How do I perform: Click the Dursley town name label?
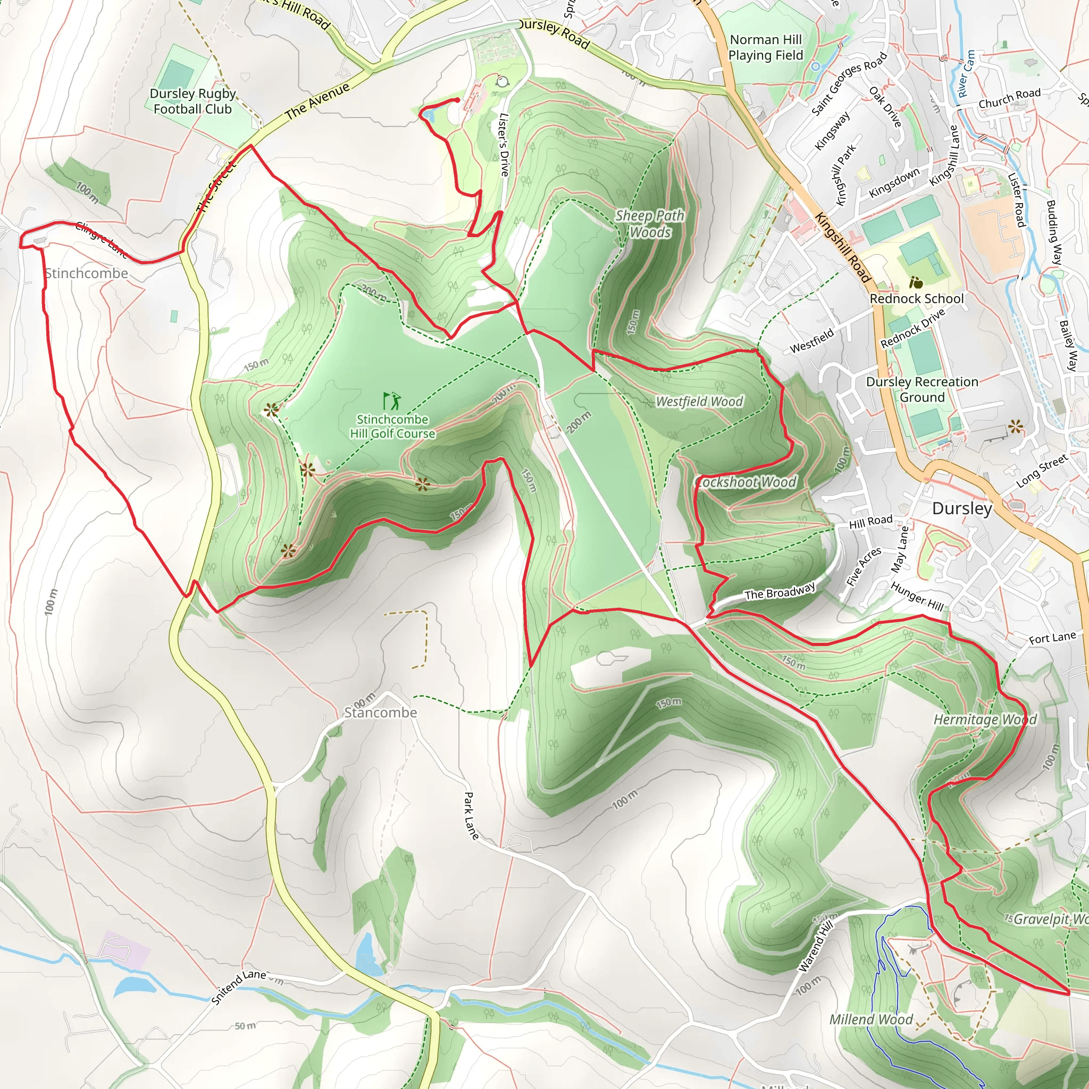pos(961,508)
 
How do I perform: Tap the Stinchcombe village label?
pos(86,273)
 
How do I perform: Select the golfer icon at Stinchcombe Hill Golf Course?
pos(392,401)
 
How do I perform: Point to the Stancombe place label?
pos(381,713)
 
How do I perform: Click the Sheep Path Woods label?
pos(650,224)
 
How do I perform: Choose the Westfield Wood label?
pos(699,401)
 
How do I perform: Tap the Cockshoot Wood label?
pos(745,482)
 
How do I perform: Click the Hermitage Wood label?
pos(985,720)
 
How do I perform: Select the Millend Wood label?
pos(870,1019)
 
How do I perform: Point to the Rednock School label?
pos(917,299)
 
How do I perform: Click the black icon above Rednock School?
pos(916,282)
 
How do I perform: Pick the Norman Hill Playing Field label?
pos(766,47)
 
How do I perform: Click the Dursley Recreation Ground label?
pos(922,389)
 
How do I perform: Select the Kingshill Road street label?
pos(843,247)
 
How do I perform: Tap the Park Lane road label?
pos(471,816)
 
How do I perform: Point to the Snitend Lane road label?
pos(238,986)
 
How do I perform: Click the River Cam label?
pos(966,73)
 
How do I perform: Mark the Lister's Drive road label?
pos(504,144)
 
